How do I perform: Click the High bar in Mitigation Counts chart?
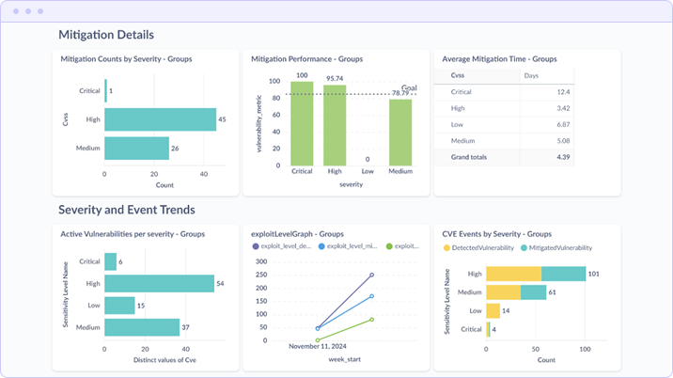point(160,119)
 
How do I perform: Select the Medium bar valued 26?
point(136,148)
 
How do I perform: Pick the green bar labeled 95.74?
point(335,126)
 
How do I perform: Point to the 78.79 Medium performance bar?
point(400,134)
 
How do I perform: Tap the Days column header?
point(532,74)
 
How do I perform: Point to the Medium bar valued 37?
point(142,327)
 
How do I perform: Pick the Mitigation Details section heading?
point(106,35)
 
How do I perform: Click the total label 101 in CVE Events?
point(593,274)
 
